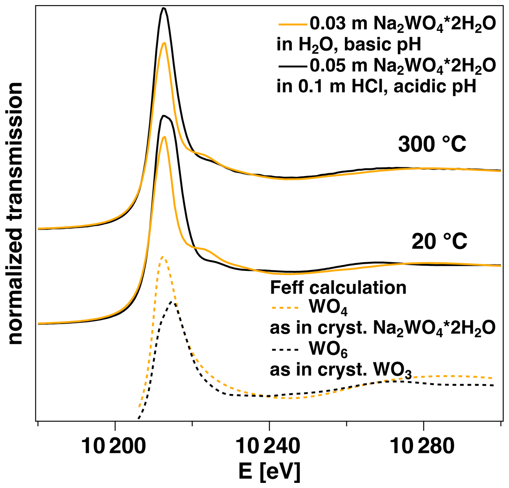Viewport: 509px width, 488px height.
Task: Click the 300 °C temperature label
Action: [432, 144]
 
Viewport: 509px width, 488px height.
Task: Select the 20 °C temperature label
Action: [439, 241]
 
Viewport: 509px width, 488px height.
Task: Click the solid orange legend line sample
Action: [293, 24]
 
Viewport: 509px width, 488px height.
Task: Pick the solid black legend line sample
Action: [293, 66]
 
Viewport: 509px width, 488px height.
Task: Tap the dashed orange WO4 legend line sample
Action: [285, 308]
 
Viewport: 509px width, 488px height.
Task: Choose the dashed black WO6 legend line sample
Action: [285, 350]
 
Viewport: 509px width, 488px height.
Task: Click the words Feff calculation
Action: [338, 288]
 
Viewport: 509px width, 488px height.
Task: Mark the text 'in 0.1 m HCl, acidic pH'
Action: [376, 86]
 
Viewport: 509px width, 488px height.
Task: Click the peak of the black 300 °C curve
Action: [164, 8]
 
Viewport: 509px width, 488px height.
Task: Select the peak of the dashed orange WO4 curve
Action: [162, 257]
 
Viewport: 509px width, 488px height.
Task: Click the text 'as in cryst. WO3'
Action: [341, 370]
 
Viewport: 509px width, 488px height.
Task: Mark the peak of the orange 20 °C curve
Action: [164, 137]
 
